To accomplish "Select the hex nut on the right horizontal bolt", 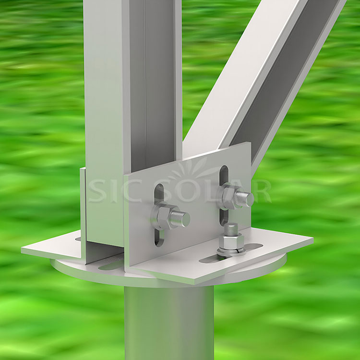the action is pos(230,195).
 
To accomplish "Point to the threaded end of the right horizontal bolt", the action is pos(246,198).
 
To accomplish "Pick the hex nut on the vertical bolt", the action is pos(231,240).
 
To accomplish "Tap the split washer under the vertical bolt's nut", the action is pos(231,251).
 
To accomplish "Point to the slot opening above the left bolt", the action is pos(159,194).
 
